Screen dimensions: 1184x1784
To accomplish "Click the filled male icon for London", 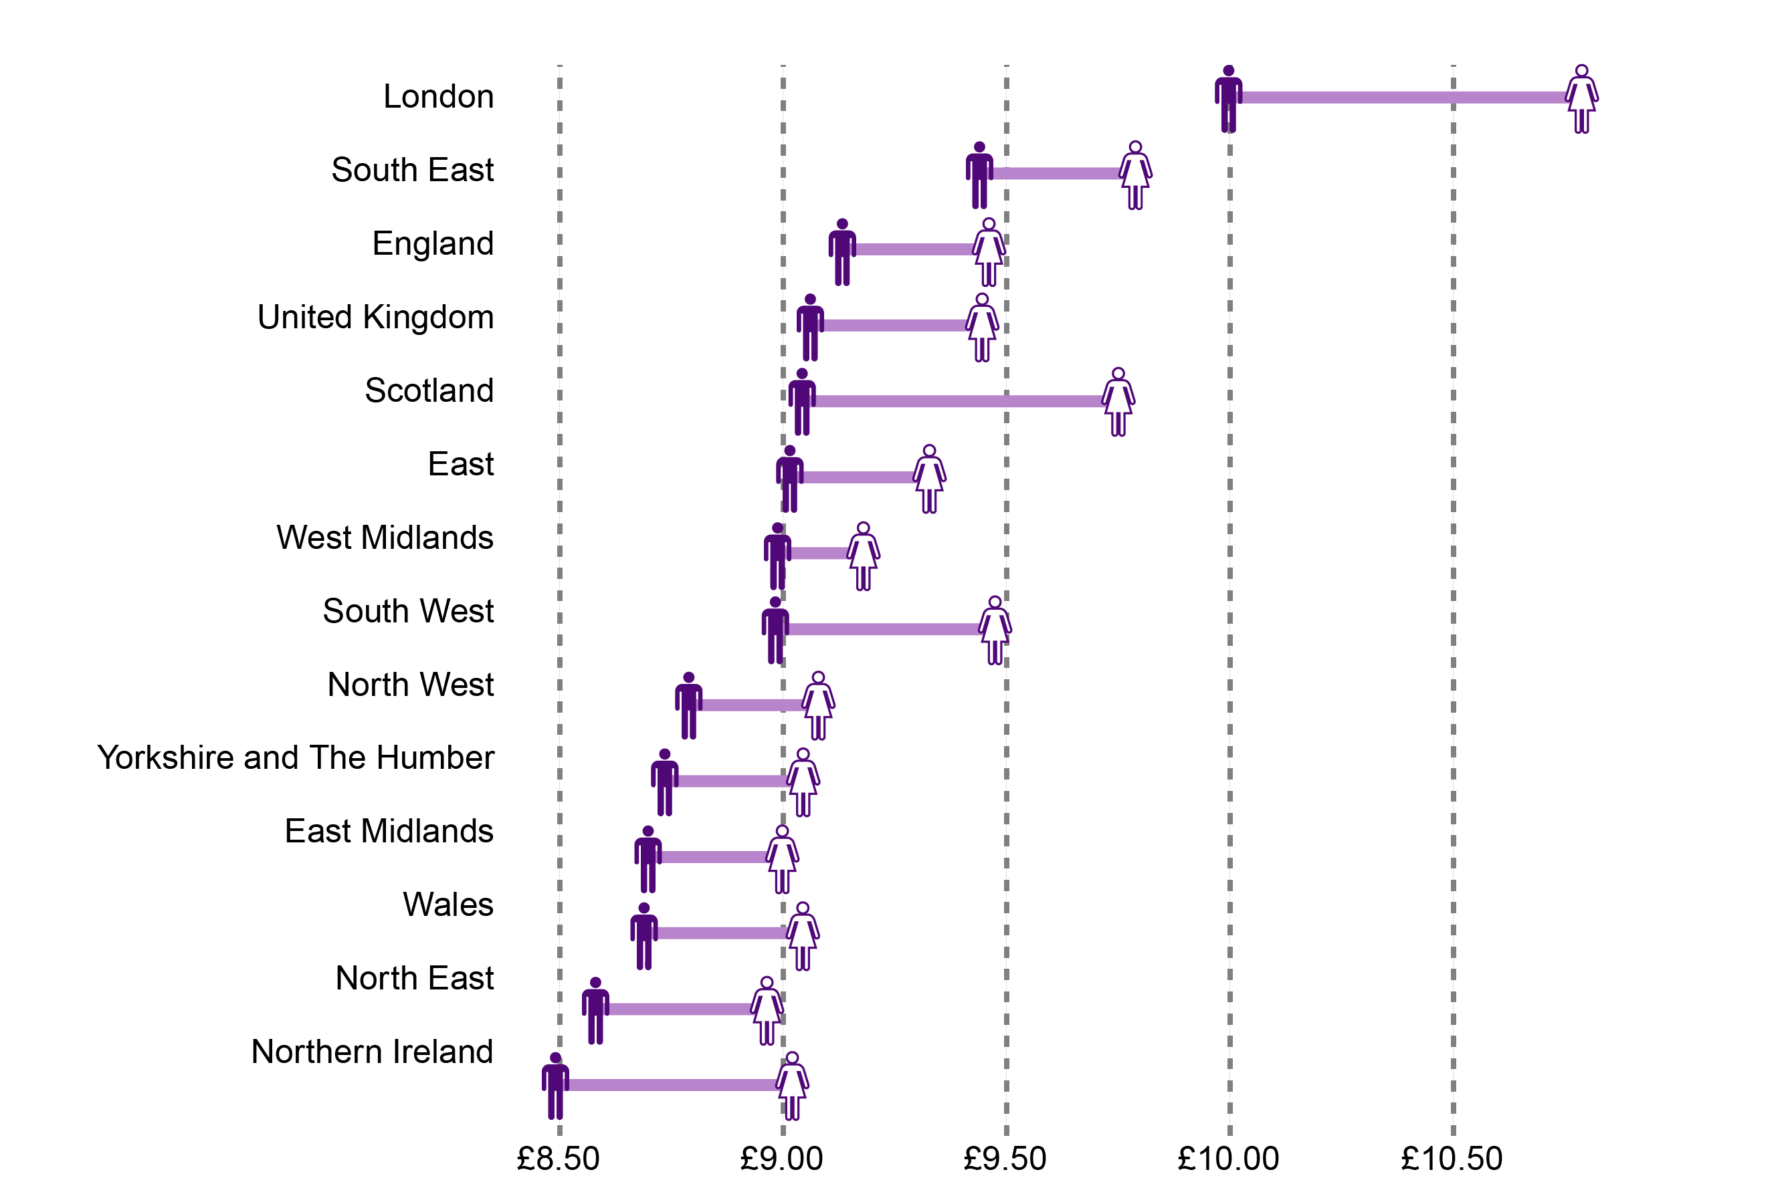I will pyautogui.click(x=1228, y=99).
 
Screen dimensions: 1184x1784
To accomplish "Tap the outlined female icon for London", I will pyautogui.click(x=1581, y=99).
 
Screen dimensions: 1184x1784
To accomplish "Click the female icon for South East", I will pyautogui.click(x=1134, y=175).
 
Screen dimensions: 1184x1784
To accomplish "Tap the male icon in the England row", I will pyautogui.click(x=842, y=252).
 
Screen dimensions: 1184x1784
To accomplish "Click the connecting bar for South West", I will pyautogui.click(x=884, y=629).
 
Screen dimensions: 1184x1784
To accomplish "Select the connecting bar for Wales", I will pyautogui.click(x=721, y=933).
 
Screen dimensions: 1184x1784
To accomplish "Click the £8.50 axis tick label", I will pyautogui.click(x=558, y=1159).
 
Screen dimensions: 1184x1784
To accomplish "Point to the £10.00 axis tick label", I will pyautogui.click(x=1228, y=1159).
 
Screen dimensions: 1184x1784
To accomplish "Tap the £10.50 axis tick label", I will pyautogui.click(x=1452, y=1159).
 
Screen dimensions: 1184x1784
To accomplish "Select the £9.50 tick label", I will pyautogui.click(x=1005, y=1159).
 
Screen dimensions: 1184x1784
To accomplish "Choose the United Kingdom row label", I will pyautogui.click(x=375, y=317).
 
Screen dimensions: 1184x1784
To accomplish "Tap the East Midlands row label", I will pyautogui.click(x=389, y=830).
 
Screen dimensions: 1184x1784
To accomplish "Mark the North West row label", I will pyautogui.click(x=410, y=684).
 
